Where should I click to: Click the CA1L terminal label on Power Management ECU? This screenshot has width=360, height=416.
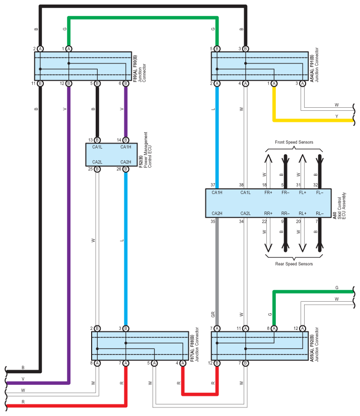pos(97,147)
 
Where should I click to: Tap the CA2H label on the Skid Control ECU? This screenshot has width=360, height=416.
pos(217,213)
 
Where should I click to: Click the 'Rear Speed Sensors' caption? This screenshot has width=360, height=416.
pos(294,263)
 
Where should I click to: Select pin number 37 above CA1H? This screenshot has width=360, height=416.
pos(213,185)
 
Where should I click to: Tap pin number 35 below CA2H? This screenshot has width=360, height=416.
pos(213,221)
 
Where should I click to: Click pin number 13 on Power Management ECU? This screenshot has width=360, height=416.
pos(91,140)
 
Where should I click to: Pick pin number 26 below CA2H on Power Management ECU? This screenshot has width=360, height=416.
pos(119,169)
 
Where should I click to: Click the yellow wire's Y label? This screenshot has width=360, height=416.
pos(336,116)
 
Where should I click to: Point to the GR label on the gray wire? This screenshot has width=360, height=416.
pos(213,314)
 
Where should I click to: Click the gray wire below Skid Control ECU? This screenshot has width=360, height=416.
pos(217,267)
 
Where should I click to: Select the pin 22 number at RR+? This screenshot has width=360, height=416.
pos(264,221)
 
